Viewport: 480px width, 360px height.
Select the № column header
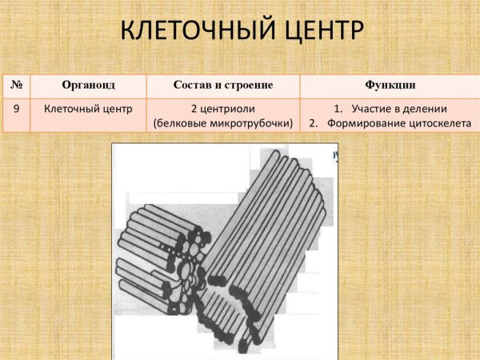[x=15, y=85]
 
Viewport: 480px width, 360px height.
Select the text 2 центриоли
[x=223, y=108]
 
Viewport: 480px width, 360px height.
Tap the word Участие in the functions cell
[x=373, y=108]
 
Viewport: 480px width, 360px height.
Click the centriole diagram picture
[x=224, y=248]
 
